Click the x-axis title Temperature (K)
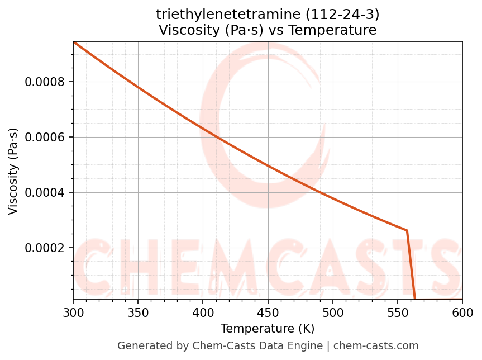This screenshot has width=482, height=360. [268, 329]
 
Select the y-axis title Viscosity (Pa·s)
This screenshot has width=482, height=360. [13, 171]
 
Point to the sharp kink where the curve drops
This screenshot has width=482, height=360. [407, 230]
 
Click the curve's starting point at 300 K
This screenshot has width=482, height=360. [74, 42]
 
